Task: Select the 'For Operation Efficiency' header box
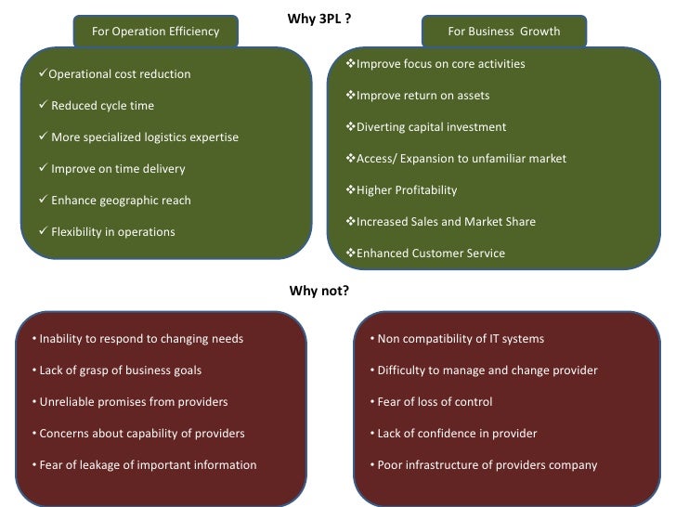[x=155, y=32]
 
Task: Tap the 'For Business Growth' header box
[x=503, y=32]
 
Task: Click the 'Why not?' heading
[x=318, y=291]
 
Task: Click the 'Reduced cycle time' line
[x=102, y=106]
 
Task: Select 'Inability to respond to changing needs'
[x=136, y=339]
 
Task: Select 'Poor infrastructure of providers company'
[x=483, y=465]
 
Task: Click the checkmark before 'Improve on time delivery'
[x=43, y=168]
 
